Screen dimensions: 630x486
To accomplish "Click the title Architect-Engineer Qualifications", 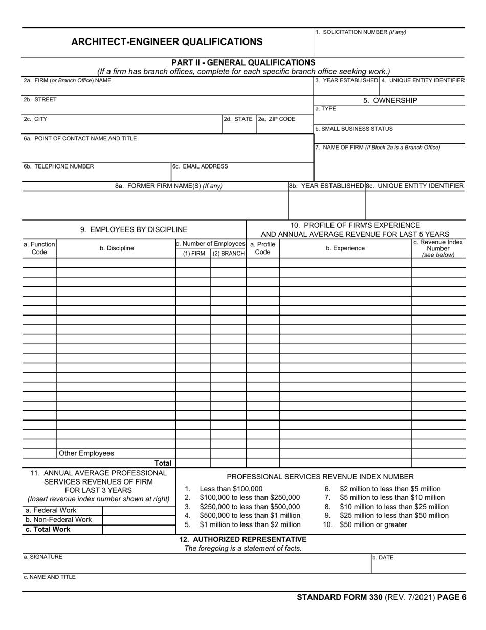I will point(167,42).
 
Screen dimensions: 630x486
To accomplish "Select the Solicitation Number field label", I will point(361,32).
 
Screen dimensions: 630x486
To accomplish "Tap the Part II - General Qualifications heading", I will point(244,62).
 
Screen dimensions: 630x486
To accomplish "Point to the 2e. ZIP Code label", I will point(277,119).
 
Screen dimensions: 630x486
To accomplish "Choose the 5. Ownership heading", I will point(390,100).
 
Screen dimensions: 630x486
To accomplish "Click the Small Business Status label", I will point(354,129).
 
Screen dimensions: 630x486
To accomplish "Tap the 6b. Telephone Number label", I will point(59,166).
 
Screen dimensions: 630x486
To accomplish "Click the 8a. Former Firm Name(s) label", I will point(168,186).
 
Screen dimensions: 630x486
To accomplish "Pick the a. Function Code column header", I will point(39,248).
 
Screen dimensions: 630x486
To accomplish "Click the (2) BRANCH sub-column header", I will point(228,254).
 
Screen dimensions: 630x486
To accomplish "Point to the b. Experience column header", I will point(345,248).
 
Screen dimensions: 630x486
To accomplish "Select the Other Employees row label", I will point(86,453).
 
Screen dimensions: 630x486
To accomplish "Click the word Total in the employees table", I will point(163,463).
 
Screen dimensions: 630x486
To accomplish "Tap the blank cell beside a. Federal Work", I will point(139,510).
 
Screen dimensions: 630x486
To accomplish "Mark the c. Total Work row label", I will point(48,529).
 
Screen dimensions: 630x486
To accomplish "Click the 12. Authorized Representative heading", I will point(243,539).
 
